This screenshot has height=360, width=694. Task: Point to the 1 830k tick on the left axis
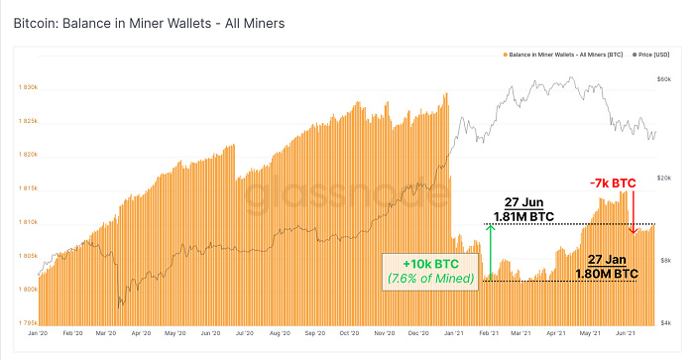tap(26, 87)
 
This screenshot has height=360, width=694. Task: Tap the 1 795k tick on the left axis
tap(26, 323)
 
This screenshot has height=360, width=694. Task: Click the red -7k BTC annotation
tap(613, 183)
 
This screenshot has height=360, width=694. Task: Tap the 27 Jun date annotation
tap(521, 201)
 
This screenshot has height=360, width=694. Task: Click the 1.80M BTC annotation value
tap(603, 271)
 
